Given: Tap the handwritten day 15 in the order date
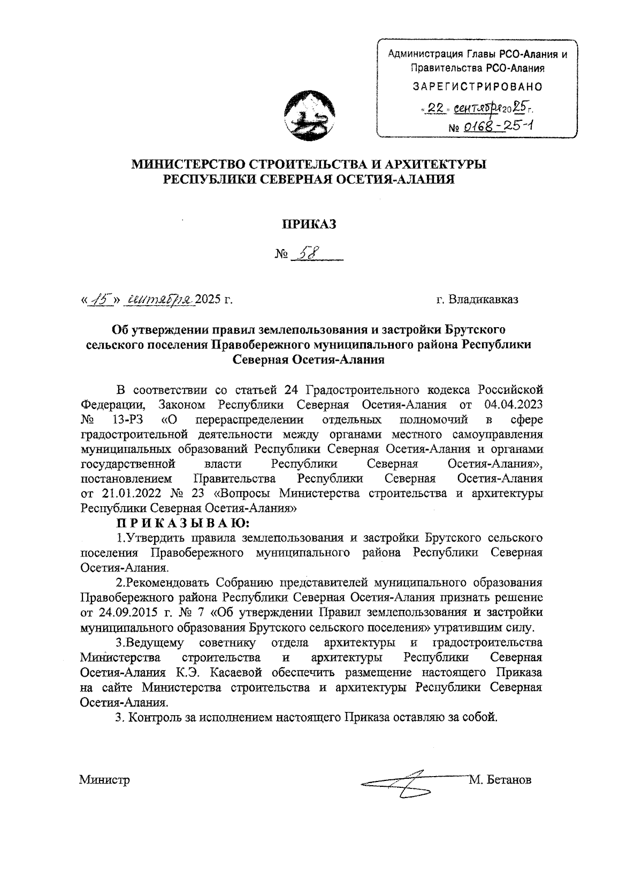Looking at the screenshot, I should pyautogui.click(x=99, y=299).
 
